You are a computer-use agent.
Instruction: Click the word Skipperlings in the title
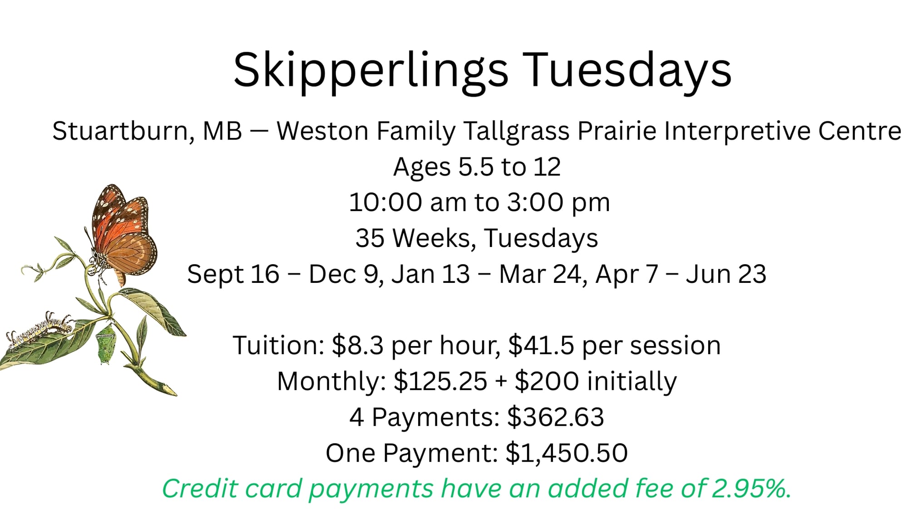click(x=371, y=70)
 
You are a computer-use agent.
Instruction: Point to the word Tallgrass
click(x=517, y=131)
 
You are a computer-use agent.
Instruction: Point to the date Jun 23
click(x=726, y=274)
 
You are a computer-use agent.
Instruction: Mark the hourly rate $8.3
click(x=358, y=345)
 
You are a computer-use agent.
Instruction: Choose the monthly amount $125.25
click(x=440, y=381)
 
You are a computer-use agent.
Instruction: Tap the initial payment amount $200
click(x=547, y=381)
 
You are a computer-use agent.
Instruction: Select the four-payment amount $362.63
click(x=556, y=417)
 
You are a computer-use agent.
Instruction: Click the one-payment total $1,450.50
click(x=567, y=453)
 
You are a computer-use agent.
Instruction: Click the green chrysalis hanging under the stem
click(x=105, y=344)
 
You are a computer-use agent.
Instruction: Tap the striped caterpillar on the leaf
click(x=41, y=330)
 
